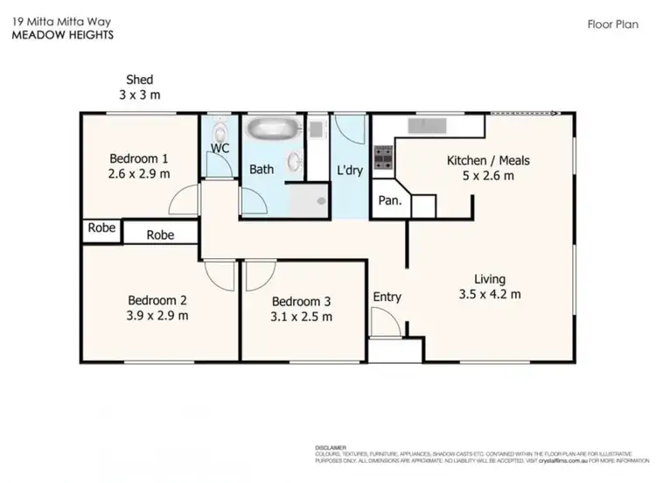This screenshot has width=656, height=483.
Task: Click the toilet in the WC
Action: click(x=219, y=129)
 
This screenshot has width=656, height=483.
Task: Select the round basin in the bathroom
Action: click(x=296, y=163)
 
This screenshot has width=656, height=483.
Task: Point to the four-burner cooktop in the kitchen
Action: click(x=383, y=157)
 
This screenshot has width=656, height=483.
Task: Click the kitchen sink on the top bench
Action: click(x=429, y=124)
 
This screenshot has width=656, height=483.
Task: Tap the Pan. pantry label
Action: click(x=389, y=200)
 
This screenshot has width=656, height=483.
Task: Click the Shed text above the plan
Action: click(x=140, y=80)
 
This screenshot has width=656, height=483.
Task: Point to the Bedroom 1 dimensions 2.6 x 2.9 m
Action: click(x=140, y=173)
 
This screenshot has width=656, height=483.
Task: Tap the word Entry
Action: click(x=387, y=297)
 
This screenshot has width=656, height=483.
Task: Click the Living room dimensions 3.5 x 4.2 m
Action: click(x=490, y=294)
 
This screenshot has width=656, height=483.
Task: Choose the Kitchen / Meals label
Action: click(x=488, y=160)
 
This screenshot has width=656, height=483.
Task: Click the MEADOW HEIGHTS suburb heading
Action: click(x=61, y=36)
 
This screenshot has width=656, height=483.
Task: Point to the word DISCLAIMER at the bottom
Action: click(x=331, y=446)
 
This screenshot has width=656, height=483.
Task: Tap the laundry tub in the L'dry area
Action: click(x=318, y=128)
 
